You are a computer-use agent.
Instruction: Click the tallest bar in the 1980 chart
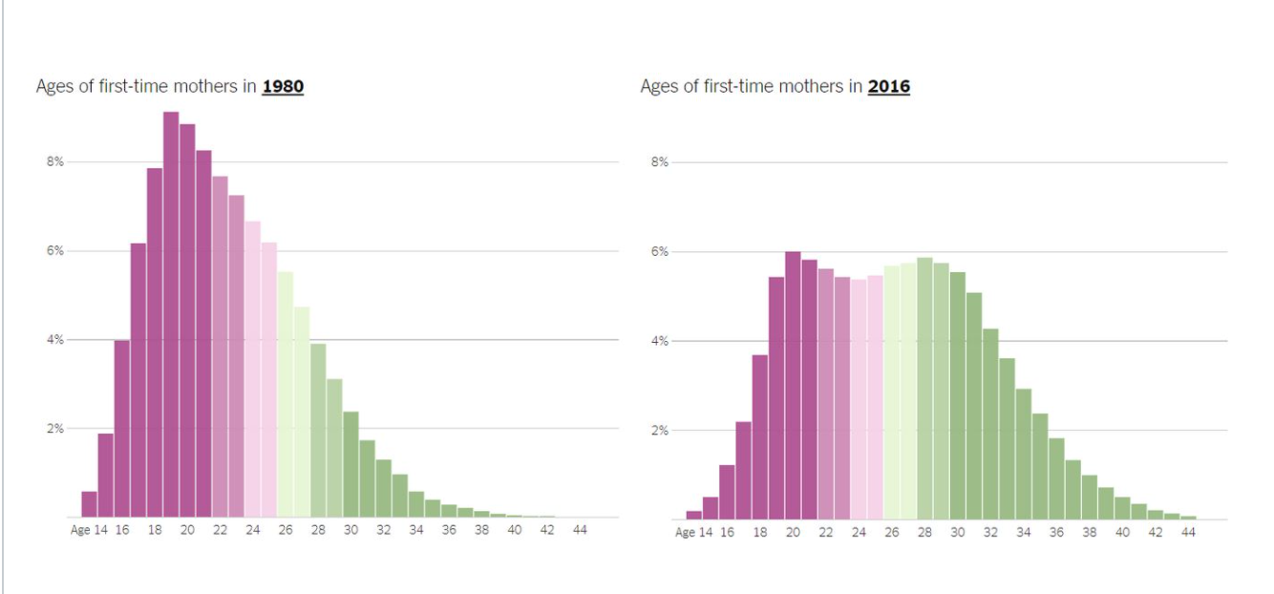171,315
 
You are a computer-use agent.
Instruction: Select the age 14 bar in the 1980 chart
89,504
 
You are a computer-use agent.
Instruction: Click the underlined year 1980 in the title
283,87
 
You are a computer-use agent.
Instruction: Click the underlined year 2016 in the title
888,87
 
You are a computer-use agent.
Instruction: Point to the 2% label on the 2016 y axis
659,431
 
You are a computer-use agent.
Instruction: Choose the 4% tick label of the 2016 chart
659,341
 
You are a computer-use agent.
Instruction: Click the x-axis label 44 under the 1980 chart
580,530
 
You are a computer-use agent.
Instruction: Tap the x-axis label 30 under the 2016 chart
957,532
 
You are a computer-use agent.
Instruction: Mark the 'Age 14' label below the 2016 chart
694,532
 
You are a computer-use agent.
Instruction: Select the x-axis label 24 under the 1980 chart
252,530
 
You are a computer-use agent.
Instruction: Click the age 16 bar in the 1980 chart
121,430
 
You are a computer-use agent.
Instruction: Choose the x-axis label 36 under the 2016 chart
1056,532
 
